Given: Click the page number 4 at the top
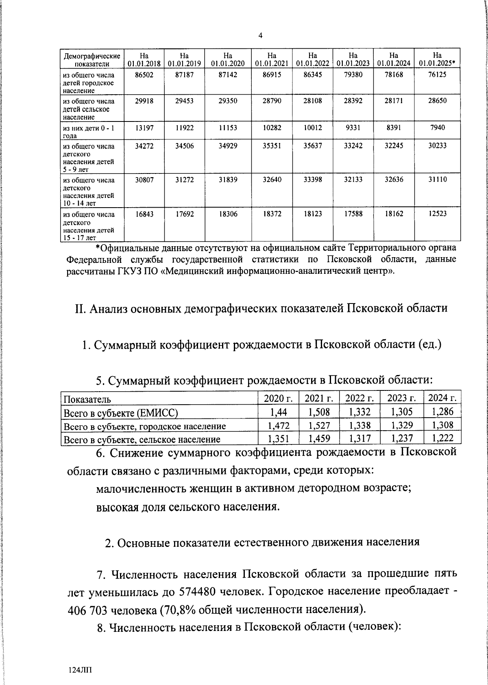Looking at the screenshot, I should coord(260,36).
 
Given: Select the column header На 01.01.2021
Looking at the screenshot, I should coord(272,59).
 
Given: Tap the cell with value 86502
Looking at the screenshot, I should coord(144,75).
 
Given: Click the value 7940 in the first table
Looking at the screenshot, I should coord(437,128).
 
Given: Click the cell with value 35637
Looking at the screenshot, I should coord(312,145).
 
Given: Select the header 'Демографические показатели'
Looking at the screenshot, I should coord(92,59).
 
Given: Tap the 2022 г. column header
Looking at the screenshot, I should coord(359,398).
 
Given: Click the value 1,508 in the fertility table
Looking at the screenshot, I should coord(319,412).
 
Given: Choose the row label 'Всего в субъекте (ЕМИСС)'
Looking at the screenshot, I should coord(121,413).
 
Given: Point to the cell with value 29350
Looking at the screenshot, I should coord(228,101).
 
